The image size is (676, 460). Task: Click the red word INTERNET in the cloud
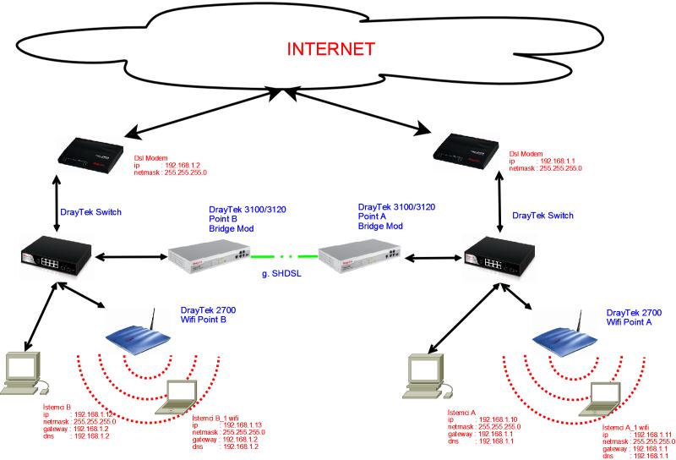330,48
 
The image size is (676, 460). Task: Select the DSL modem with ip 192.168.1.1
468,149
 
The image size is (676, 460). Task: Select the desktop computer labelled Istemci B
24,372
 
